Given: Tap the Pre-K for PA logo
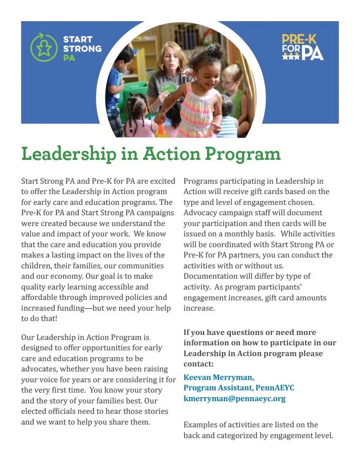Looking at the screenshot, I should tap(302, 47).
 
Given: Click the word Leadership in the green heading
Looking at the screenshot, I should tap(67, 154).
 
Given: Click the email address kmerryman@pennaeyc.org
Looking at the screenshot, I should tap(234, 398).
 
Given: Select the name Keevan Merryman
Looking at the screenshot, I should tap(219, 377).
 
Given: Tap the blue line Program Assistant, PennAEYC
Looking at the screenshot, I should tap(238, 388).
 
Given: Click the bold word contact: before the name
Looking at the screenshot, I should tap(198, 364).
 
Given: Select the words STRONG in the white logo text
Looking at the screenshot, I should tap(82, 49).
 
